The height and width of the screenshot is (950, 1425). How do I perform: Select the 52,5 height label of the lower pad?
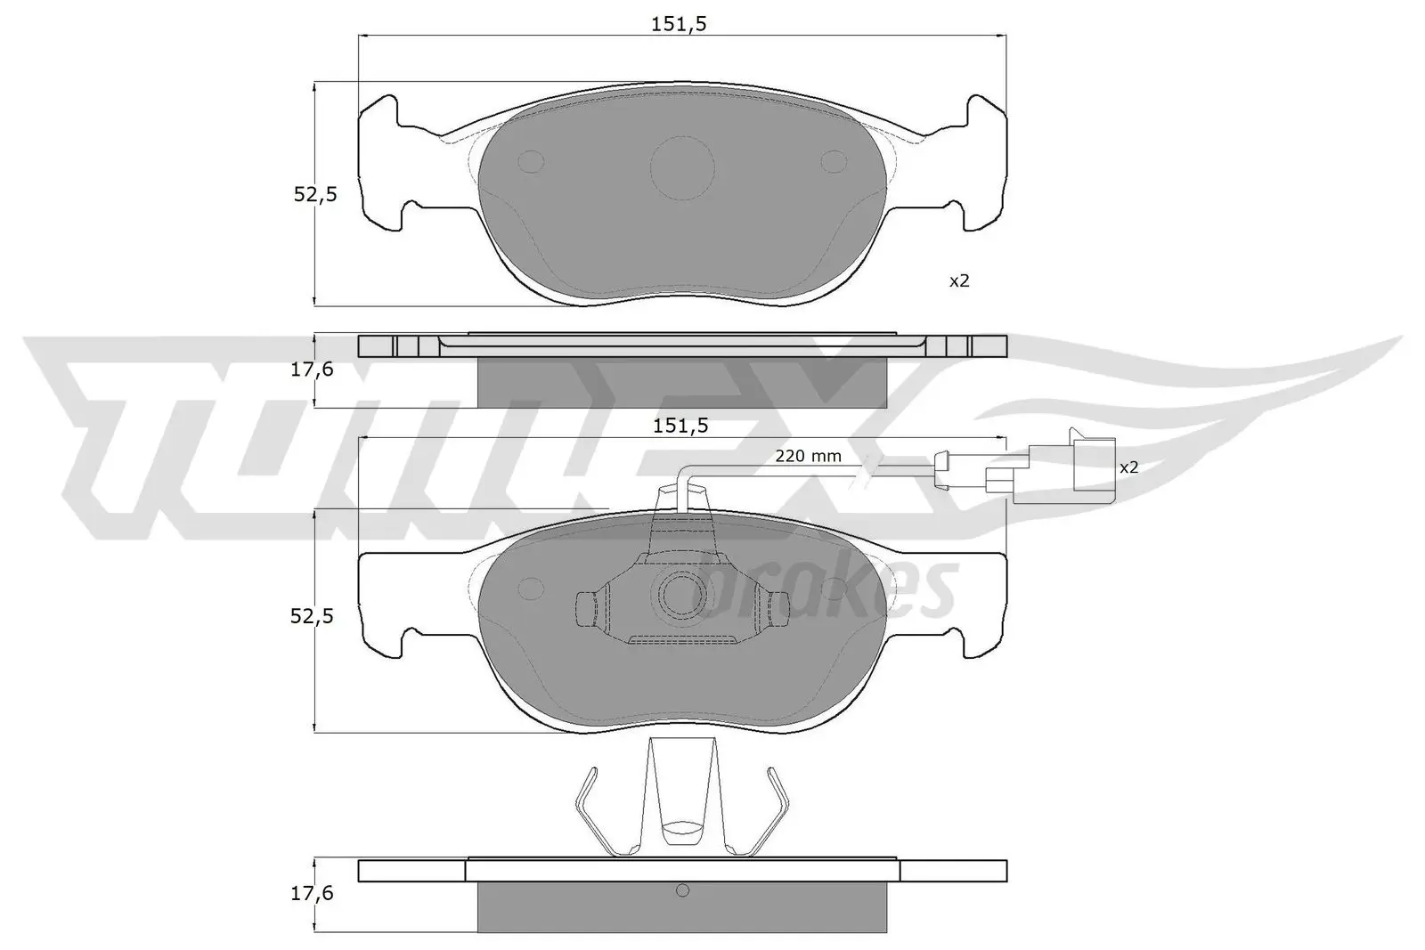pyautogui.click(x=315, y=615)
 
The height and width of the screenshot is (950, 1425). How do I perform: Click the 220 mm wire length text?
pyautogui.click(x=808, y=457)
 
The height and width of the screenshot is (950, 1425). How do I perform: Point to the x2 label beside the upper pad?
pyautogui.click(x=958, y=281)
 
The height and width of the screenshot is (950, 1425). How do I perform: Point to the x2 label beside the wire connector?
pyautogui.click(x=1128, y=467)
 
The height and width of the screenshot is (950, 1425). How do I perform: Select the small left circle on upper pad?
pyautogui.click(x=531, y=161)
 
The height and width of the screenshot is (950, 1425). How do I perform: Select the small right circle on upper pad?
pyautogui.click(x=835, y=161)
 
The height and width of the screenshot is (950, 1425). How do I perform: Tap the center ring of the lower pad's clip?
pyautogui.click(x=682, y=592)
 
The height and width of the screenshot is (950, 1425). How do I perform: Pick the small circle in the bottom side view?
pyautogui.click(x=683, y=890)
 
